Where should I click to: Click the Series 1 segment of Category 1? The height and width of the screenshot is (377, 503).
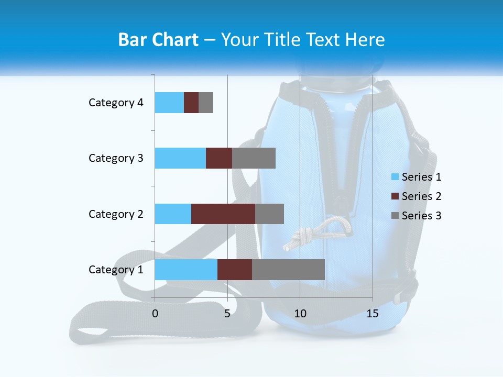(186, 269)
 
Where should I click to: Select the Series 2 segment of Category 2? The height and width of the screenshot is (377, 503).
(223, 214)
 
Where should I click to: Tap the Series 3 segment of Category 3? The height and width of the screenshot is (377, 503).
(254, 158)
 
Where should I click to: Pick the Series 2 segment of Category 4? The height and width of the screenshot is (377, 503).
(191, 103)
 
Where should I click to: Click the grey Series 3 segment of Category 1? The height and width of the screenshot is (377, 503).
(288, 269)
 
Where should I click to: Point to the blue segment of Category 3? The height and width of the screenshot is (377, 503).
(180, 158)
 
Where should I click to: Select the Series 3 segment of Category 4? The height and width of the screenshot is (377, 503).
(206, 103)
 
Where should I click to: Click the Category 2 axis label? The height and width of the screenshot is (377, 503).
(116, 214)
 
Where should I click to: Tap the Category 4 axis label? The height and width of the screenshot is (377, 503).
(116, 103)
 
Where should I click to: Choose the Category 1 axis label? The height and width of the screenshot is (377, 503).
(116, 270)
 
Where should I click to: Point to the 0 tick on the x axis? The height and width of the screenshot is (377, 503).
(155, 314)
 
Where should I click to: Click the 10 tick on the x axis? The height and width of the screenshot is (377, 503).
(300, 314)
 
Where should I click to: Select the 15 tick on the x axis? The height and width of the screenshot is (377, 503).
(373, 314)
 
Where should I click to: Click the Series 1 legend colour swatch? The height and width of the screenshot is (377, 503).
(395, 177)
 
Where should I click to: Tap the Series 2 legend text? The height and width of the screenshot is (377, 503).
(421, 196)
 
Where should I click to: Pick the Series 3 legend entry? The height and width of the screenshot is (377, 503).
(417, 216)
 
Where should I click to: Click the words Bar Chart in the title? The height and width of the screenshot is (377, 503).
(158, 40)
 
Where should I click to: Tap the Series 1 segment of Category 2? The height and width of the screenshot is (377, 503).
(173, 214)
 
